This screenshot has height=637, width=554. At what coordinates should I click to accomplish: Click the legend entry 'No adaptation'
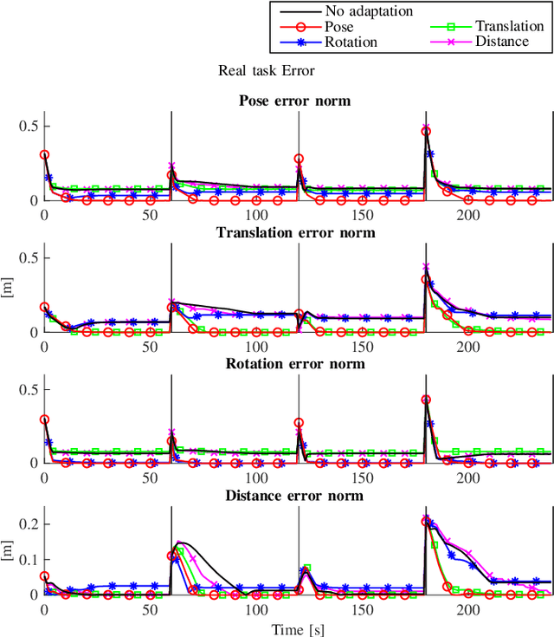point(369,11)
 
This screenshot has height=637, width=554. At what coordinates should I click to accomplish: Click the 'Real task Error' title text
point(265,71)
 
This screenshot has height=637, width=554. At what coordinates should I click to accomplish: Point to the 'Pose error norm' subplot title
point(295,101)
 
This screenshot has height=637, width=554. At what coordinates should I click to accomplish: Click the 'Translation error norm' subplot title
point(295,232)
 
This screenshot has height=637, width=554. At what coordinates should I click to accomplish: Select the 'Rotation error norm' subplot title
point(295,363)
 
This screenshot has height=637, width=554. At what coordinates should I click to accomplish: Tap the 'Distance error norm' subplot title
point(295,495)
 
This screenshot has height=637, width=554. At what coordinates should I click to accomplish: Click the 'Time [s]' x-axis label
point(295,627)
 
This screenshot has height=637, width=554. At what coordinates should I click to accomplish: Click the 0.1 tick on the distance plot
point(27,558)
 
